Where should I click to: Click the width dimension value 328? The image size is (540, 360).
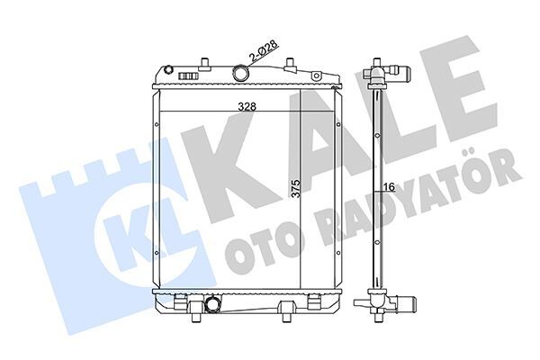(x=246, y=105)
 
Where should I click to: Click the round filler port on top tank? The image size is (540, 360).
(x=242, y=74)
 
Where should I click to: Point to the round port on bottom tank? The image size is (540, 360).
(x=211, y=307)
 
